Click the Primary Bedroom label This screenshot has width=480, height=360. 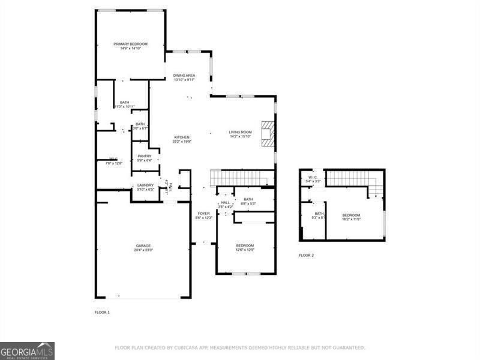click(131, 44)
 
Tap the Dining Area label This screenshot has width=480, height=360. click(184, 76)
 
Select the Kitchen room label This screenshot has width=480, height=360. click(182, 137)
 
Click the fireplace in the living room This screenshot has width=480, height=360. click(267, 132)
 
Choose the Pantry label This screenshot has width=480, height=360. click(144, 156)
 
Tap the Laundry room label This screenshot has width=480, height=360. click(146, 185)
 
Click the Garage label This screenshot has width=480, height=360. click(143, 245)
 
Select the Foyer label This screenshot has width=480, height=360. click(204, 213)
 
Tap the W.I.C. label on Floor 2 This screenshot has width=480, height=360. click(313, 178)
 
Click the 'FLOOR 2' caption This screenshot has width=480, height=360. click(306, 256)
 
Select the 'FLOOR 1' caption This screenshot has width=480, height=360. click(102, 313)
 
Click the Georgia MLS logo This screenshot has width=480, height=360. click(27, 350)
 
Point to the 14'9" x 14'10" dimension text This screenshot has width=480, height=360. click(131, 49)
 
